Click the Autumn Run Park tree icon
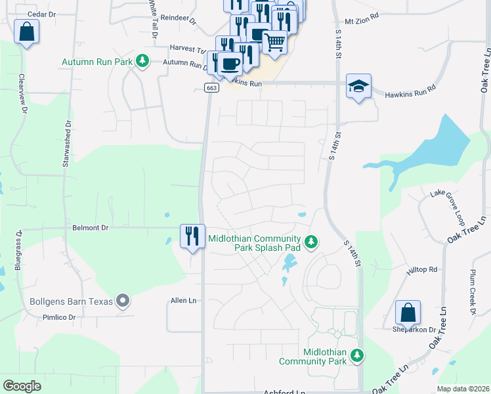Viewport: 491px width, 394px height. pos(141,62)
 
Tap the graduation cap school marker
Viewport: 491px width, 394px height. pos(358,86)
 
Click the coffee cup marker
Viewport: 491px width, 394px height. pos(230,64)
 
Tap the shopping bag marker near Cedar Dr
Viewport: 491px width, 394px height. pos(26,32)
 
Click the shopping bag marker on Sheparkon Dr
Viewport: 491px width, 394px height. pos(408,313)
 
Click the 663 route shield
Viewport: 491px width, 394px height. pos(211,87)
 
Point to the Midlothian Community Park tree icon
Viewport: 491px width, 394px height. pos(356,355)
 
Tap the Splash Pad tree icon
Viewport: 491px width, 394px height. pos(312,242)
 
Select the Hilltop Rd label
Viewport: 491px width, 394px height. pos(422,269)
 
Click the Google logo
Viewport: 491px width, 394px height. pos(22,385)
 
